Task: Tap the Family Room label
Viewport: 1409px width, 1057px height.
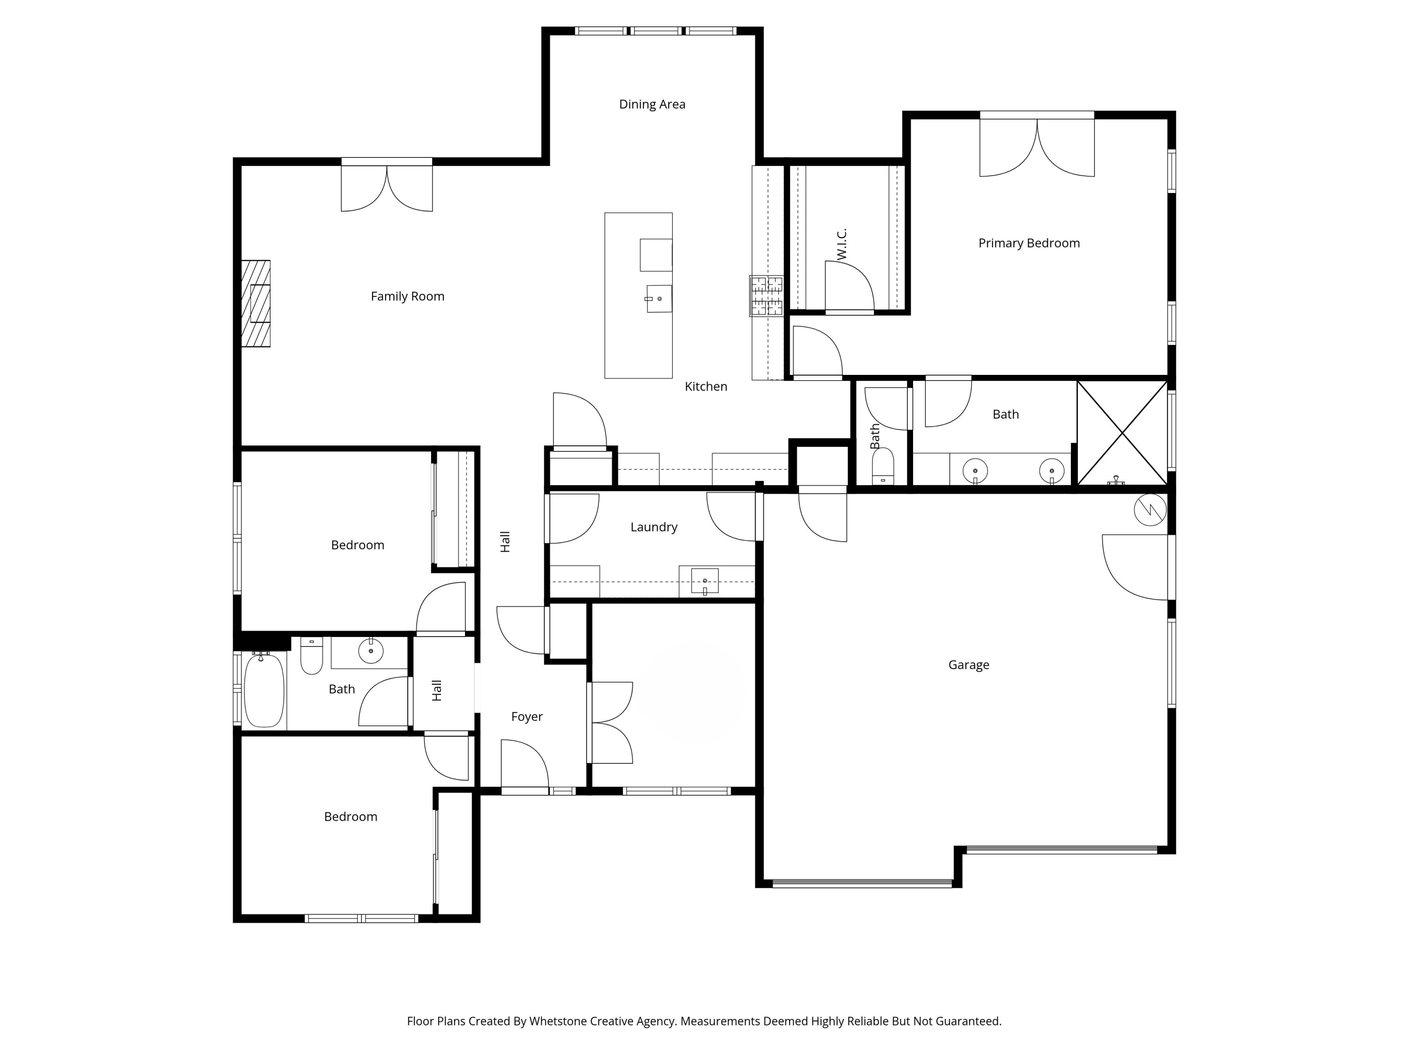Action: (407, 296)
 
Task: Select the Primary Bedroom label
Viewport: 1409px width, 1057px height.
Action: (1029, 243)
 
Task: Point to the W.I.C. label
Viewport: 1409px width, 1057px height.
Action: (842, 244)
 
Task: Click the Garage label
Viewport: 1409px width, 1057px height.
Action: (968, 665)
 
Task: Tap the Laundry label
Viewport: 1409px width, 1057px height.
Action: (654, 528)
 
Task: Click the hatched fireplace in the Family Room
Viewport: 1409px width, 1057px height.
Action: (256, 303)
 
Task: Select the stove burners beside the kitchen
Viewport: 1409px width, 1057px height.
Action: (766, 295)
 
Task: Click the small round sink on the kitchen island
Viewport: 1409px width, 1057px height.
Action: (659, 299)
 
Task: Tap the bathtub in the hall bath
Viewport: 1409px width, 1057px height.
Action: (263, 690)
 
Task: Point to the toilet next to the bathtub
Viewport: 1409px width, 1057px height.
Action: (311, 656)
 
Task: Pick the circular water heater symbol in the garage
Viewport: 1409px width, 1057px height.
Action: (1150, 510)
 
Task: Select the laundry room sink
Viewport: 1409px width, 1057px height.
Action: (704, 581)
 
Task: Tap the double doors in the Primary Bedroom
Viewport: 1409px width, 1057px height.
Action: (1037, 148)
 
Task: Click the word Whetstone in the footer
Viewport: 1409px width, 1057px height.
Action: (558, 1021)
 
